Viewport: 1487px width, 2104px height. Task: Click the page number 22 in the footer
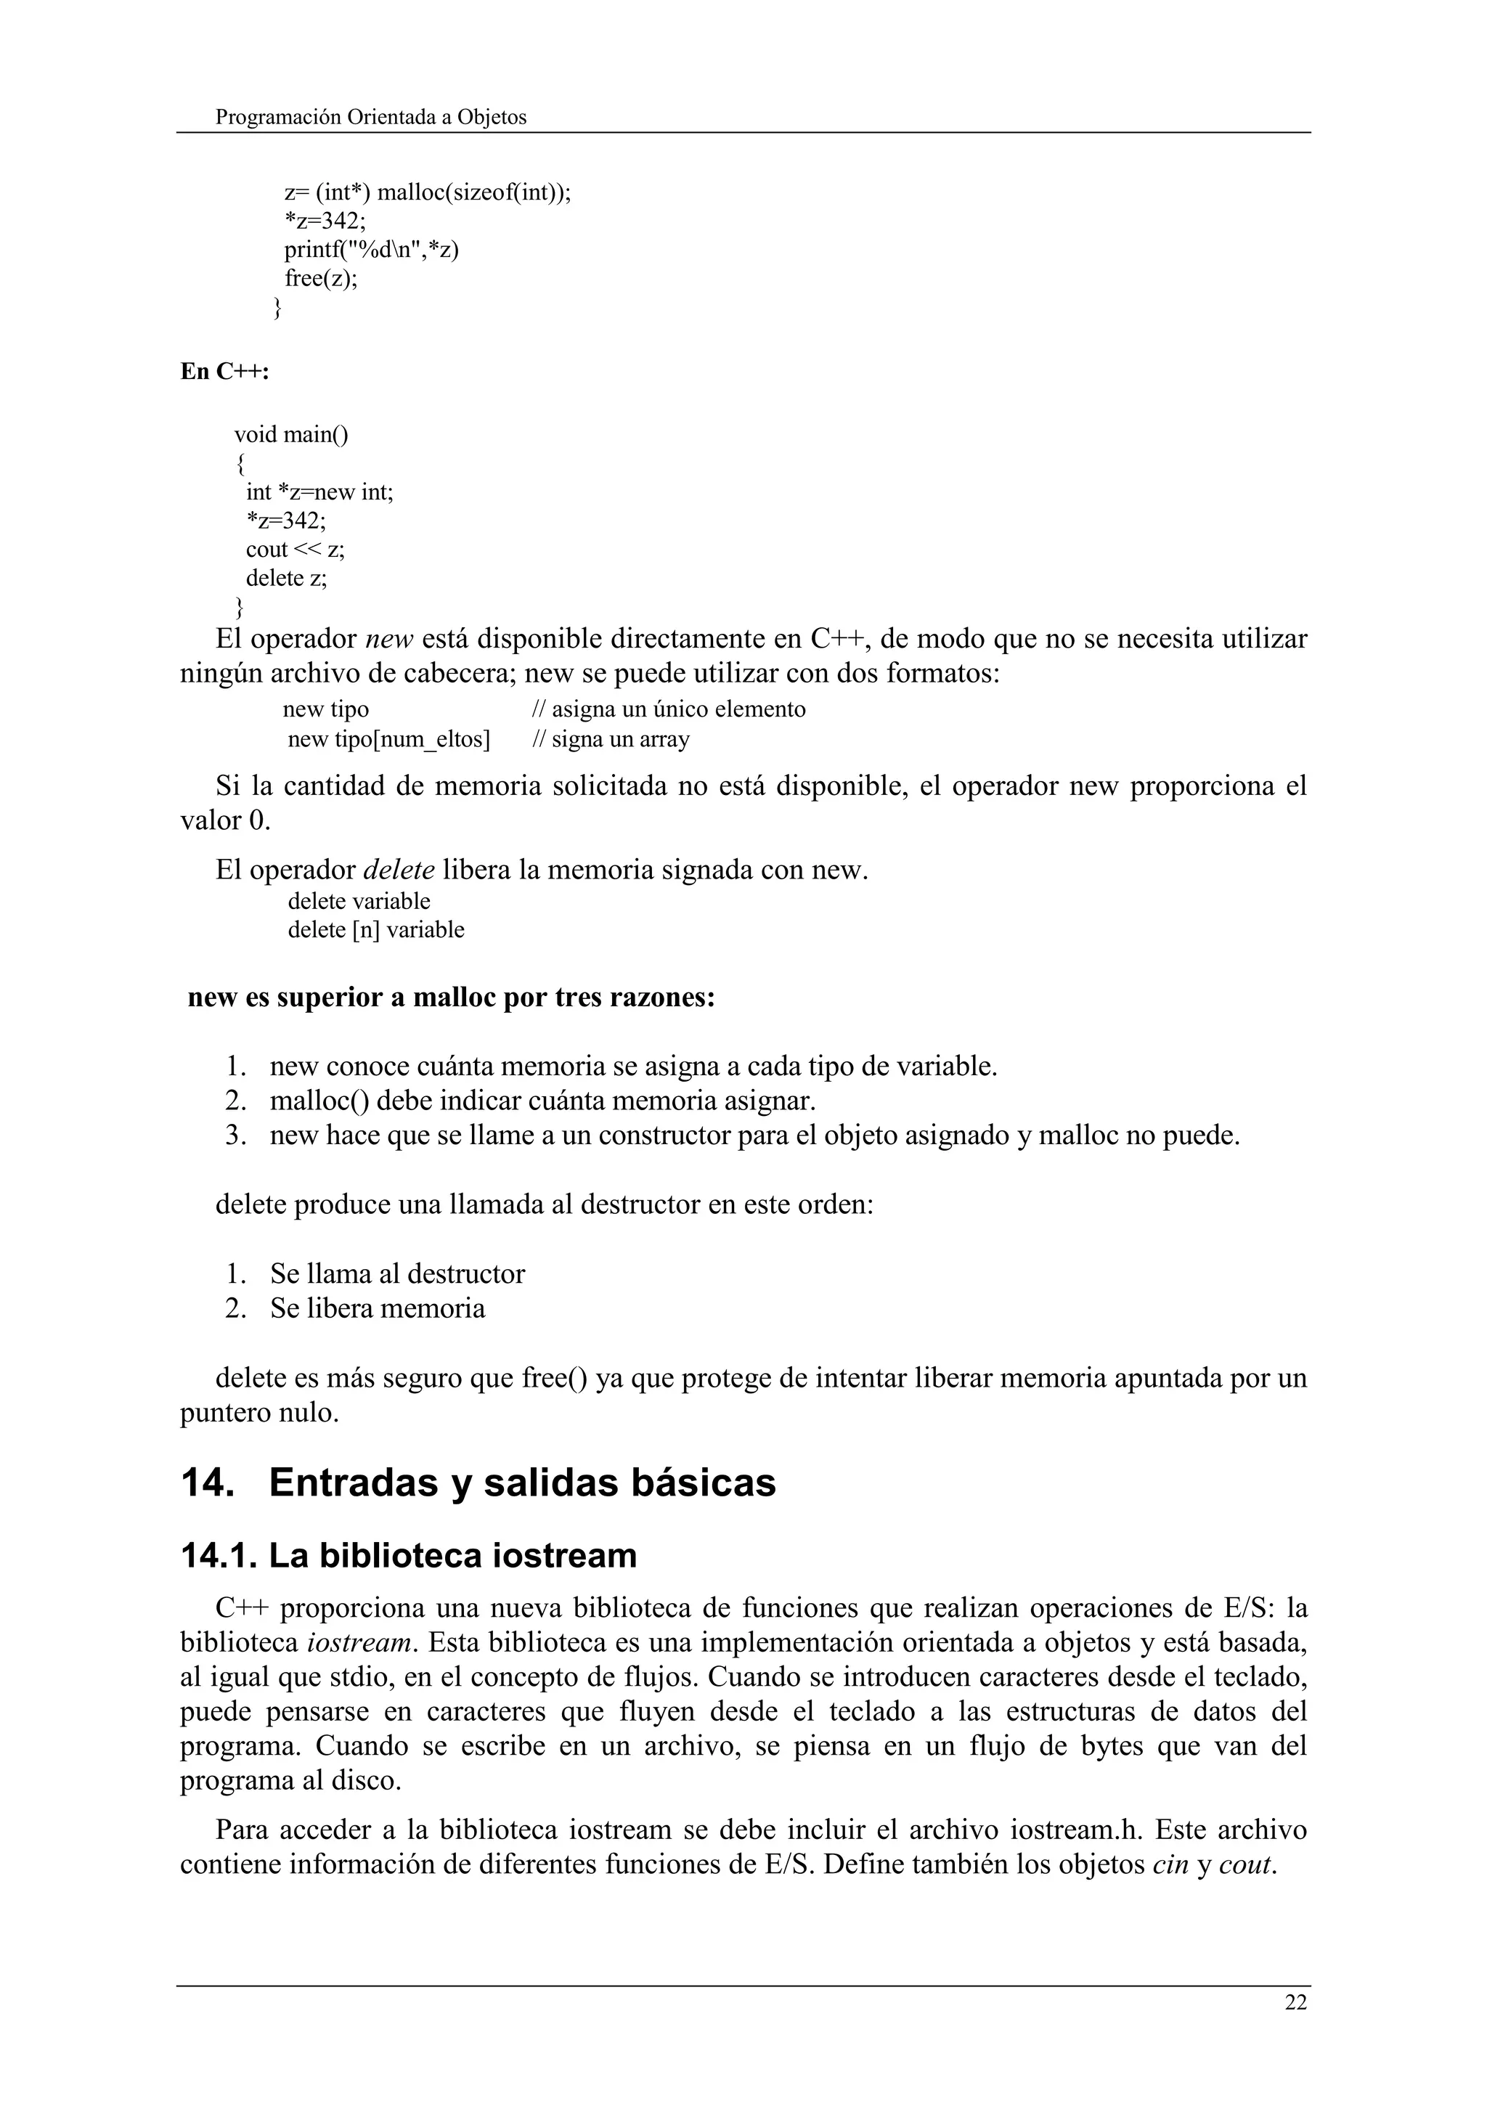(1295, 2002)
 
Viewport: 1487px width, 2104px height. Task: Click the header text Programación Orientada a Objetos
(371, 118)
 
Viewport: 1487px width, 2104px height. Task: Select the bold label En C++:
(224, 372)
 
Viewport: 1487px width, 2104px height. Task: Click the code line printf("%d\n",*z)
(371, 249)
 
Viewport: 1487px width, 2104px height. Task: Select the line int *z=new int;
(319, 492)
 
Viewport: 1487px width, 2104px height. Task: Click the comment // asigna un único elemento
(669, 709)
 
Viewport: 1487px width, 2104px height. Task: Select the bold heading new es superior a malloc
(451, 997)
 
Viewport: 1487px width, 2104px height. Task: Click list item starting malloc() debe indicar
(542, 1100)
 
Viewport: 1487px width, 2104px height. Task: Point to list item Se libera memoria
(378, 1308)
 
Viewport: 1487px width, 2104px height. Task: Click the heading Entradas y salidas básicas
(522, 1483)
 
